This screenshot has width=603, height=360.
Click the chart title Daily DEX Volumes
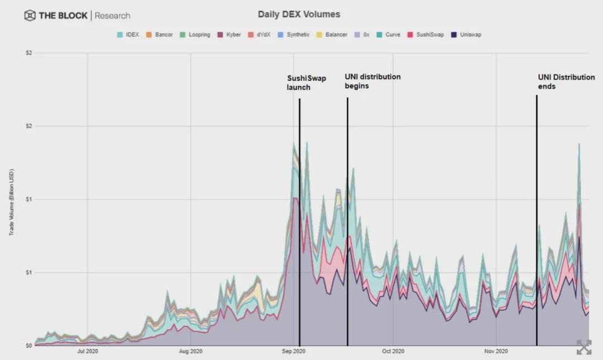click(299, 14)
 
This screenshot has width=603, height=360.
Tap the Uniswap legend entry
click(466, 35)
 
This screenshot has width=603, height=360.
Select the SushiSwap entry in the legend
click(428, 35)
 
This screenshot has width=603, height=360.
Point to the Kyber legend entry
click(229, 35)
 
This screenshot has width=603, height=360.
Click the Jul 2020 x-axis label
click(88, 352)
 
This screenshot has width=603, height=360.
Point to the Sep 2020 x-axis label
click(294, 352)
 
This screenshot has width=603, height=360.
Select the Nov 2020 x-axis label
click(496, 352)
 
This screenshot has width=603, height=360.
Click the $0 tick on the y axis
click(28, 345)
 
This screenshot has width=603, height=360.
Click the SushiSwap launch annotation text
click(306, 83)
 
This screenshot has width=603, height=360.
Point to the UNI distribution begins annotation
click(372, 81)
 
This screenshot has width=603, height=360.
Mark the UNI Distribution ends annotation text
click(566, 82)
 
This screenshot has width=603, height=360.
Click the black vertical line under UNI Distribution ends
click(537, 223)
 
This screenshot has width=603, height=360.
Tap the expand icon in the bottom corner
click(583, 347)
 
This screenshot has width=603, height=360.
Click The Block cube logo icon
click(30, 16)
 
